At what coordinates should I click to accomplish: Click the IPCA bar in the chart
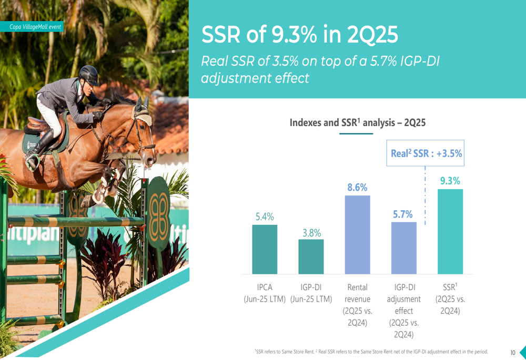coord(265,249)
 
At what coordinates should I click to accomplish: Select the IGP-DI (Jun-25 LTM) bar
coord(311,256)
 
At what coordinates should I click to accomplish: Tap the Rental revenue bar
coord(357,234)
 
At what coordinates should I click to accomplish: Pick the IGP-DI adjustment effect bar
coord(403,248)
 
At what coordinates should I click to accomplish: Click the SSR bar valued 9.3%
coord(450,231)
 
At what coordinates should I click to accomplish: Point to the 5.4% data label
coord(265,217)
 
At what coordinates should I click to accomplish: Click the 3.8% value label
coord(311,232)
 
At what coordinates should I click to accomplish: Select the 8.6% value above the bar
coord(357,187)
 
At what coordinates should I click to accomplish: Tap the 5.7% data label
coord(403,214)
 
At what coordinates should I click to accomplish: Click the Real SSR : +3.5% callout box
coord(426,153)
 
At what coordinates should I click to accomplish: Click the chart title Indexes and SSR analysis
coord(357,123)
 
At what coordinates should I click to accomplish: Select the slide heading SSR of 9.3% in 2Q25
coord(300,35)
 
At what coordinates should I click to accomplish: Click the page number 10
coord(512,353)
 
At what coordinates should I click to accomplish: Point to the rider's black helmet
coord(88,75)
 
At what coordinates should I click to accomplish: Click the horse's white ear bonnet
coord(143,113)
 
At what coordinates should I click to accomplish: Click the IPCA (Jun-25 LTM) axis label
coord(265,293)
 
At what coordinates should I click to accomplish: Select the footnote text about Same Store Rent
coord(371,352)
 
